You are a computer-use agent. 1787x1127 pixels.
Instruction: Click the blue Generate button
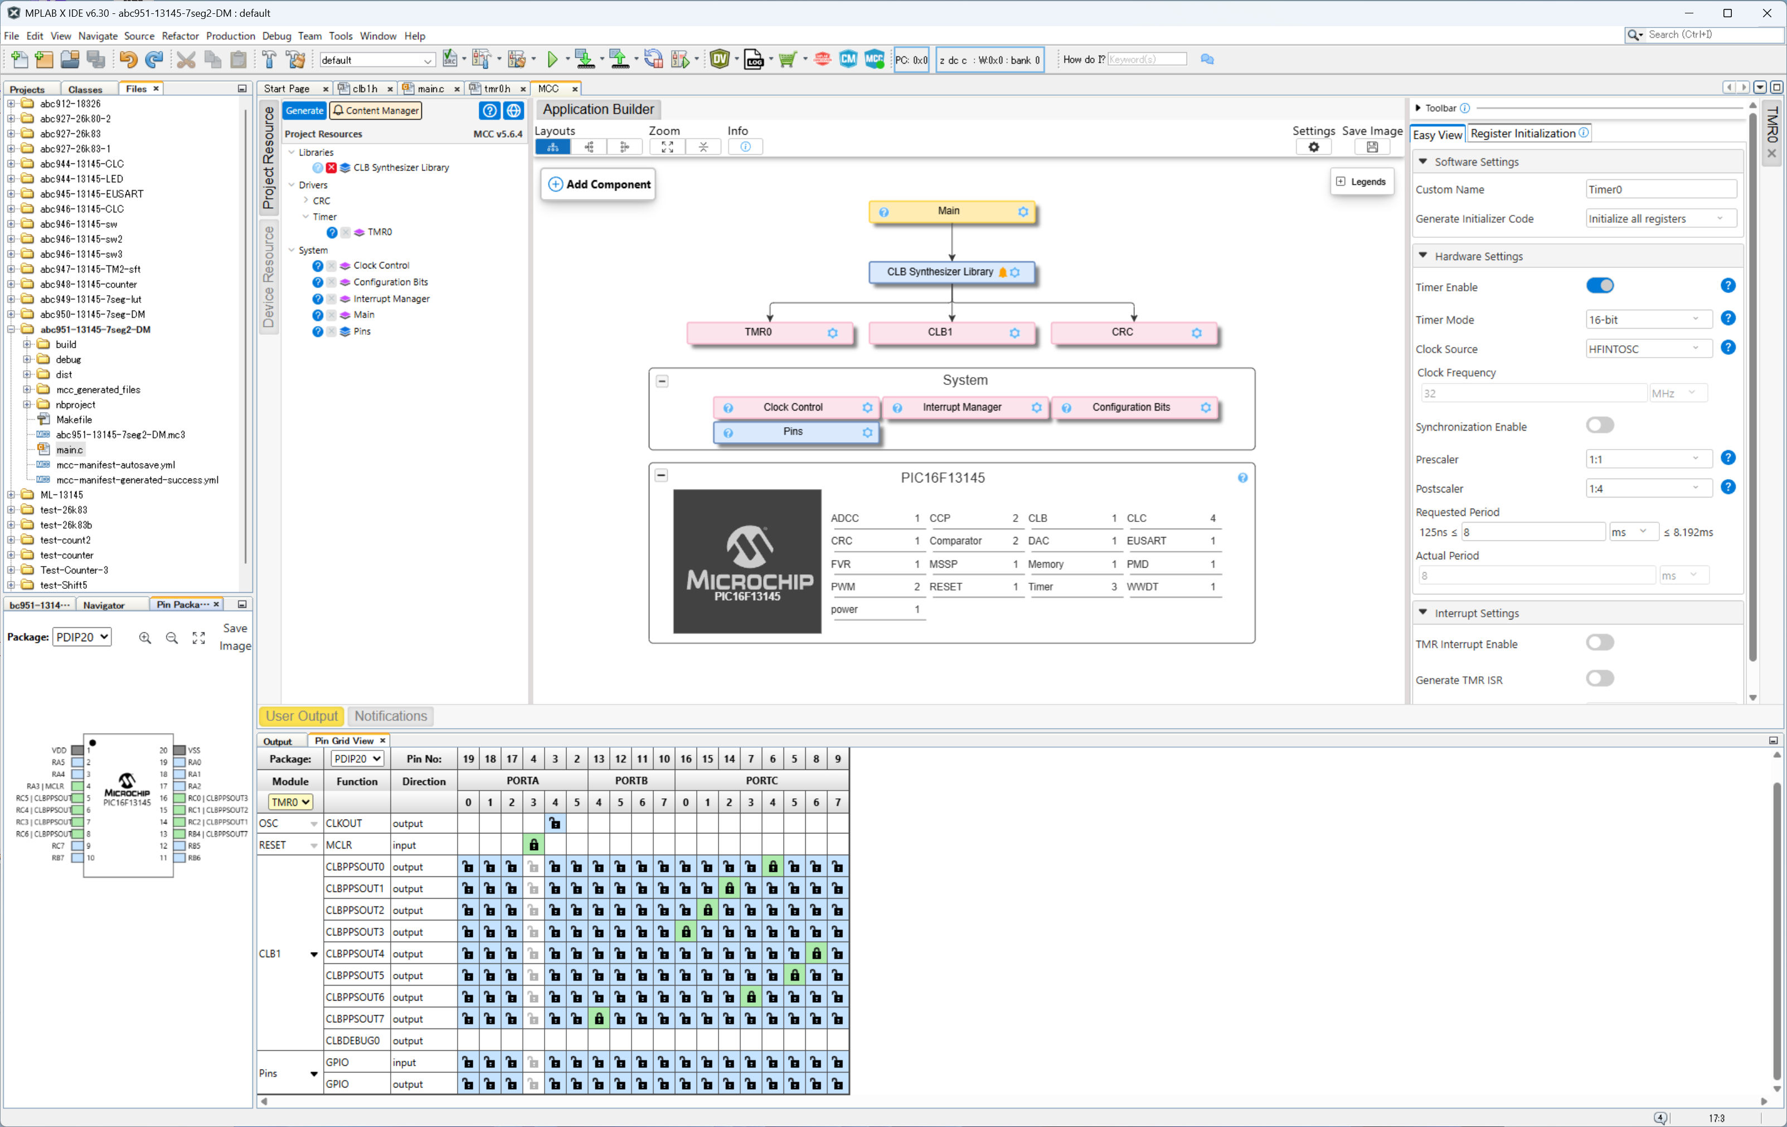point(304,110)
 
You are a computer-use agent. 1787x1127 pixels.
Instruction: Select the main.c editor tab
point(430,88)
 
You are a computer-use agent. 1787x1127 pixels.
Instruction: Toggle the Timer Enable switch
point(1599,286)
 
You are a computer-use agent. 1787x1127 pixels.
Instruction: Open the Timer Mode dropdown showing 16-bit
point(1648,320)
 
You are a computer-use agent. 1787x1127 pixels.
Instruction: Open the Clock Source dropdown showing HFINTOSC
point(1648,349)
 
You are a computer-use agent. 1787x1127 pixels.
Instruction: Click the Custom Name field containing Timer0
point(1661,189)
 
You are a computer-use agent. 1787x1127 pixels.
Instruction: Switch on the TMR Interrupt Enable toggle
point(1599,642)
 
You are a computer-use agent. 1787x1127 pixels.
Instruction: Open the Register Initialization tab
point(1528,134)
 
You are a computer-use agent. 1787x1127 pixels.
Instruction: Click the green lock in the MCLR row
point(533,845)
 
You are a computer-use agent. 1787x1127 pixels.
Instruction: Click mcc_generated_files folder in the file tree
point(98,389)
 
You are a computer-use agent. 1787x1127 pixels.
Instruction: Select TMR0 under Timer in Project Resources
point(379,232)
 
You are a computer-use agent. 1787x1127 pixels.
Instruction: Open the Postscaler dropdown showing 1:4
point(1648,488)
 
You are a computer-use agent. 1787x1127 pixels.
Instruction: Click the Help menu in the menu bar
point(414,36)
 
